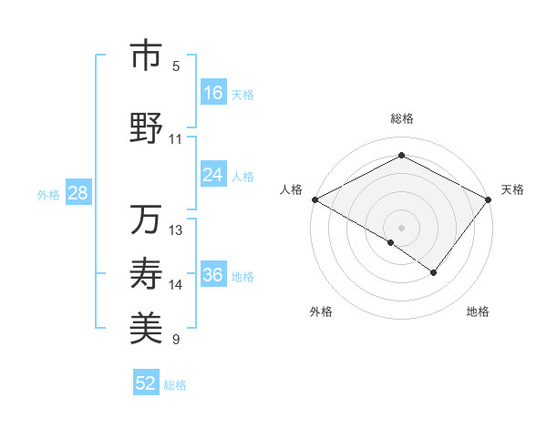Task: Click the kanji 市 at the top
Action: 145,56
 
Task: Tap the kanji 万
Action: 145,219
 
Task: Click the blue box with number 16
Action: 213,93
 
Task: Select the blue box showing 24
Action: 213,175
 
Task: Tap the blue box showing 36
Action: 213,276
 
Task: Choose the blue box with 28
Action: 77,194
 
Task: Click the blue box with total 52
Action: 146,383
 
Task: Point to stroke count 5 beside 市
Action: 176,66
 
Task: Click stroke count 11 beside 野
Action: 175,139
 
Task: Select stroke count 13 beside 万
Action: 176,229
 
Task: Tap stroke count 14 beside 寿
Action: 176,285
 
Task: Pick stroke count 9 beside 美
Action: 176,340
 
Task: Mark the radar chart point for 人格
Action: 314,199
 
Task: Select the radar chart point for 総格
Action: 401,156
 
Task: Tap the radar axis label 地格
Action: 478,311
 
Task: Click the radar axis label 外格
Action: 321,311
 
